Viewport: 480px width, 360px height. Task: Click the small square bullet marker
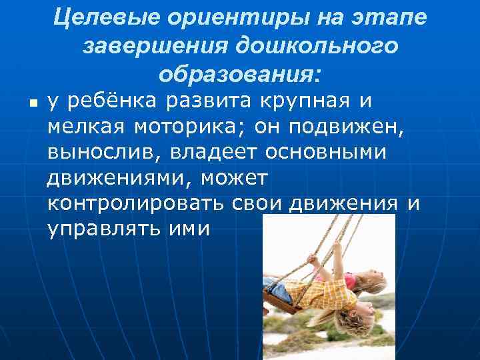pyautogui.click(x=32, y=103)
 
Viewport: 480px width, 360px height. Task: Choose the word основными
pyautogui.click(x=327, y=152)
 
